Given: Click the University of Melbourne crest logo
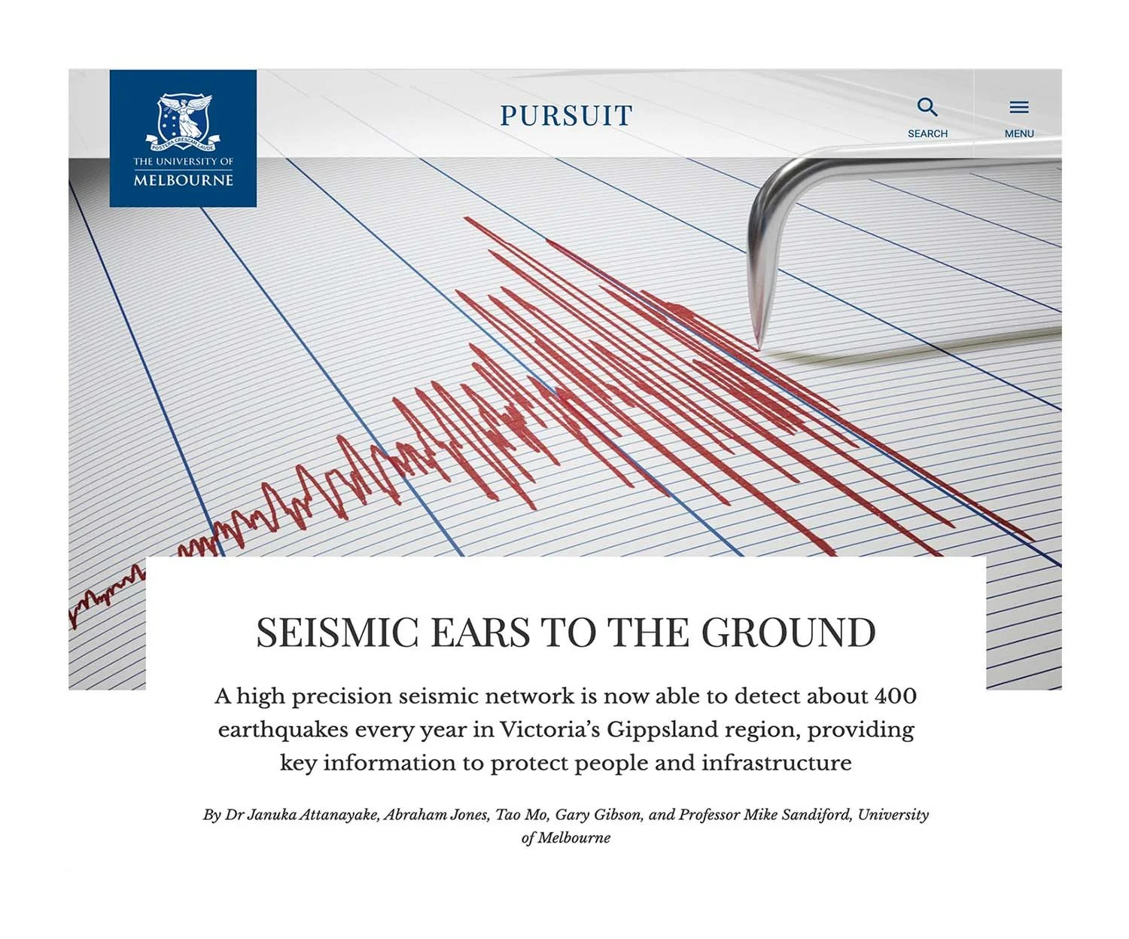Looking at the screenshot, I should click(x=183, y=121).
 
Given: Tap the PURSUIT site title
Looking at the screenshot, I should click(x=566, y=116).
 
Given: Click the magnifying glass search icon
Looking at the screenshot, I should click(x=927, y=108).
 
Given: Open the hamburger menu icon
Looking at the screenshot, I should click(x=1018, y=108).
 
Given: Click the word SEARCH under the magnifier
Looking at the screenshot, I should click(x=927, y=133).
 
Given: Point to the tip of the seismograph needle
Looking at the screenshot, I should click(x=757, y=348).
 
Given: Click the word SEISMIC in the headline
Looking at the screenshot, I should click(x=336, y=633).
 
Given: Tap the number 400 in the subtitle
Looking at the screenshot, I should click(x=895, y=696).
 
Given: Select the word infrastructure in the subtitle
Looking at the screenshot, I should click(x=776, y=763).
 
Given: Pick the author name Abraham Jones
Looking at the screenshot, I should click(x=435, y=815).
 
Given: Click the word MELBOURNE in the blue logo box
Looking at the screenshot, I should click(x=183, y=181).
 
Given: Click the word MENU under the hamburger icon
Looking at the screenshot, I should click(x=1018, y=133).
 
